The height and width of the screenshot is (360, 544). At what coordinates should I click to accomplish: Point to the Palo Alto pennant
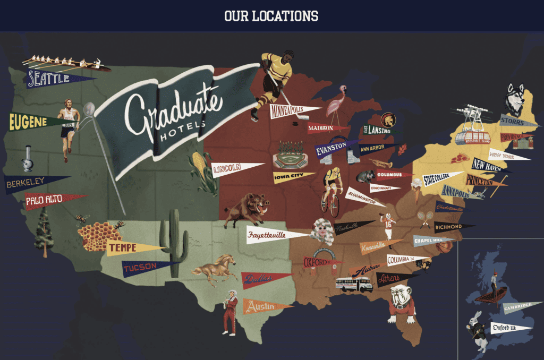click(48, 200)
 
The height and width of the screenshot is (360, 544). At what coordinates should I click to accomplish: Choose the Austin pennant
click(262, 306)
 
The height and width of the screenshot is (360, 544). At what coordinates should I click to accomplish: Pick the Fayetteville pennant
click(271, 234)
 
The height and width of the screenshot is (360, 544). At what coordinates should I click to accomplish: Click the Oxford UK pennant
click(507, 327)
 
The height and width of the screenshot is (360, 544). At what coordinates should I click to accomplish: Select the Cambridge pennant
click(518, 307)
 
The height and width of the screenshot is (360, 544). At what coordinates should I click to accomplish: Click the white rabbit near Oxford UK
click(477, 332)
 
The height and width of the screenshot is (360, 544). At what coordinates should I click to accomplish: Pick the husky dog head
click(514, 99)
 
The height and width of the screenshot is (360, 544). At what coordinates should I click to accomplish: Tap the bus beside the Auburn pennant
click(354, 285)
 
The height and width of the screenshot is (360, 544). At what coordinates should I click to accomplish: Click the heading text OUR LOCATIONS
click(271, 16)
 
